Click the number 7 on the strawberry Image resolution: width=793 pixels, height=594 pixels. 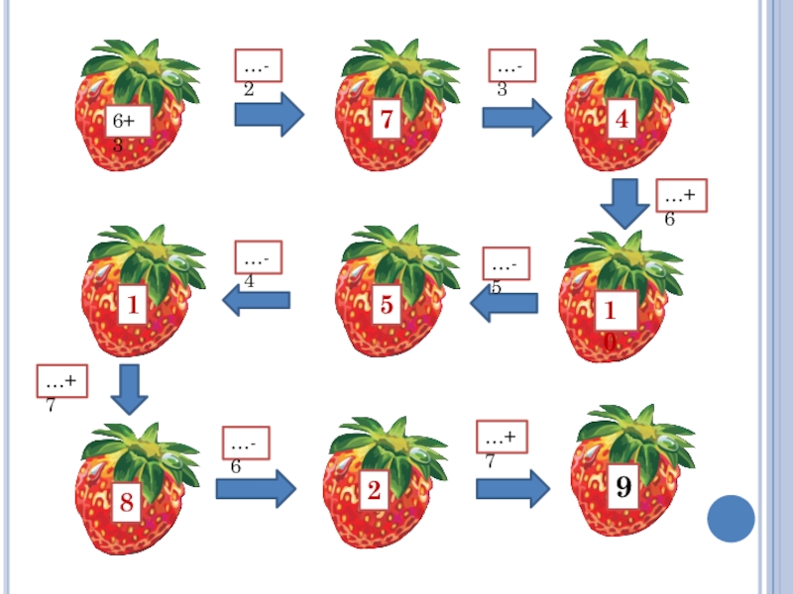[387, 122]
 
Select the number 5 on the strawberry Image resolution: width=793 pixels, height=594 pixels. [387, 305]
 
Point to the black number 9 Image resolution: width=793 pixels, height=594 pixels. [623, 487]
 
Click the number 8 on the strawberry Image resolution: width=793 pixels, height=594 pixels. [127, 503]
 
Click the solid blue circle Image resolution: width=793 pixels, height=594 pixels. [732, 518]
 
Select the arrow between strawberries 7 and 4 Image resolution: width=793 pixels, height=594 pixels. [516, 117]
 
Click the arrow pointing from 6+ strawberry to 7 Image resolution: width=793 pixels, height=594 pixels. [269, 115]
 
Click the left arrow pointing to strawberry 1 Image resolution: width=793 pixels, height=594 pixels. [256, 299]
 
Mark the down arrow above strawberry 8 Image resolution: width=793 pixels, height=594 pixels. [129, 389]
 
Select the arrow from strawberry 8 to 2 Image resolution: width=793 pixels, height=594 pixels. [256, 487]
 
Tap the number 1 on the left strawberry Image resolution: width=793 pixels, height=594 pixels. [131, 306]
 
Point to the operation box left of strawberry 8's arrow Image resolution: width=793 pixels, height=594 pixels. [62, 380]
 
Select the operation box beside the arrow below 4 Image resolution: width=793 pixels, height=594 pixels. [680, 195]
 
